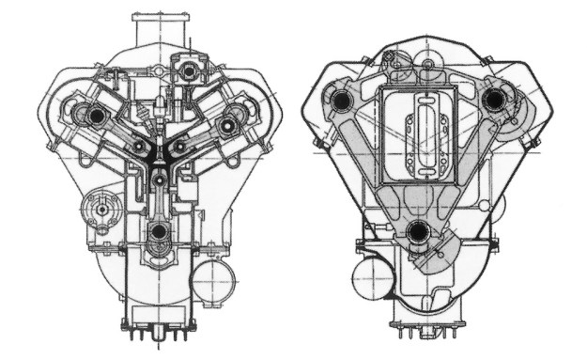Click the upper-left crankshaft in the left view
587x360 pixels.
[95, 114]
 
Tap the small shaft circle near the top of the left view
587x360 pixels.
[192, 70]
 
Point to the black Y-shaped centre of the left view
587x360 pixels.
[159, 155]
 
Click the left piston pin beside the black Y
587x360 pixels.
[138, 148]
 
